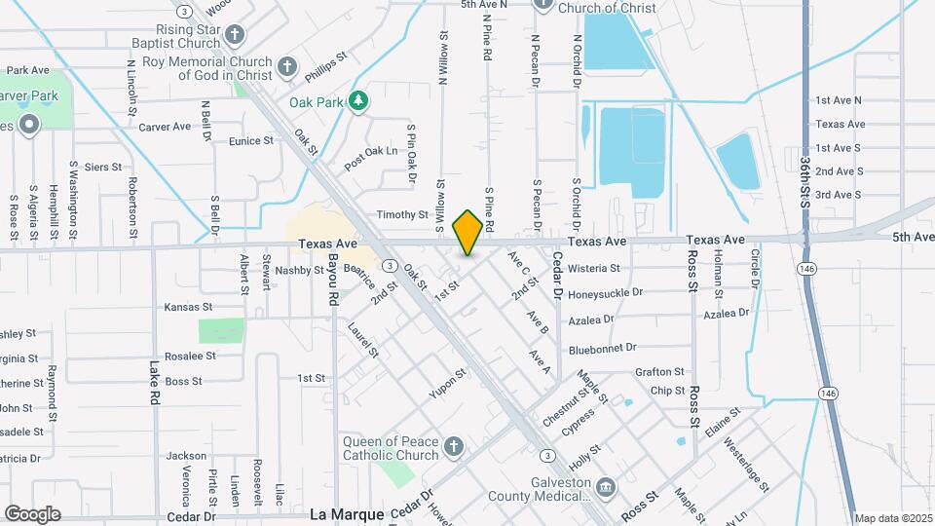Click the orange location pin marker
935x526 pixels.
pyautogui.click(x=467, y=232)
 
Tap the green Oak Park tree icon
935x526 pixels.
pyautogui.click(x=359, y=100)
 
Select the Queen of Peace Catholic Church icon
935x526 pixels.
pyautogui.click(x=452, y=447)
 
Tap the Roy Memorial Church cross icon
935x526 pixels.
pyautogui.click(x=286, y=67)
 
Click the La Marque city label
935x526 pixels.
pyautogui.click(x=347, y=514)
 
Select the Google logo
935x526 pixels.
pyautogui.click(x=31, y=513)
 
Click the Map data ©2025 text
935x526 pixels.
pyautogui.click(x=894, y=518)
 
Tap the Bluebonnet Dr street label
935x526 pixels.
pyautogui.click(x=602, y=348)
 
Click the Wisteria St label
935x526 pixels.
pyautogui.click(x=620, y=268)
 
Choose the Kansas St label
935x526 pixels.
pyautogui.click(x=188, y=307)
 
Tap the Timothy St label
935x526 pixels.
pyautogui.click(x=402, y=214)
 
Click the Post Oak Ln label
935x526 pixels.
pyautogui.click(x=370, y=159)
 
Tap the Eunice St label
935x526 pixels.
pyautogui.click(x=251, y=141)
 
